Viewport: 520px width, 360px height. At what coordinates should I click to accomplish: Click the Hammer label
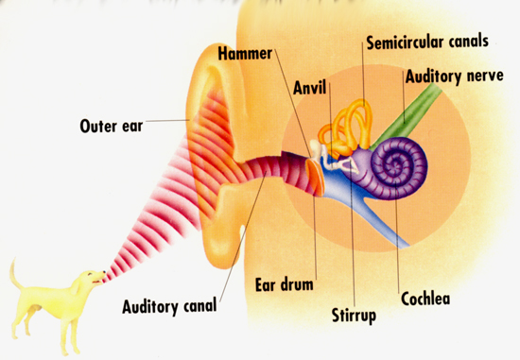click(x=245, y=54)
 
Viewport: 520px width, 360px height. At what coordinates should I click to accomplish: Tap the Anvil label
click(x=310, y=88)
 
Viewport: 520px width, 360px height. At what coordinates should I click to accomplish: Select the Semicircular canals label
click(x=427, y=43)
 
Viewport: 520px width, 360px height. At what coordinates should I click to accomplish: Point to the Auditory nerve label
click(x=455, y=77)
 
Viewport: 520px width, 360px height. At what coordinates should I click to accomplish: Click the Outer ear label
click(x=112, y=126)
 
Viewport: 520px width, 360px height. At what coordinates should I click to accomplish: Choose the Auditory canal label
click(x=169, y=306)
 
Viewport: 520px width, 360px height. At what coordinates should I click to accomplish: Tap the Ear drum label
click(x=285, y=284)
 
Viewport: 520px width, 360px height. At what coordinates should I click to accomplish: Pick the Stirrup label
click(x=354, y=316)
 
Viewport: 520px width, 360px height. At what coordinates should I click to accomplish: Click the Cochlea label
click(x=425, y=299)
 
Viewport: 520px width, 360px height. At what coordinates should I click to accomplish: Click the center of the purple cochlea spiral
click(x=396, y=164)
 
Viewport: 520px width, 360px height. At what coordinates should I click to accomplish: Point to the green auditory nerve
click(x=407, y=116)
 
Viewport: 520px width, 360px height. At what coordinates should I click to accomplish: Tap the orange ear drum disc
click(x=315, y=177)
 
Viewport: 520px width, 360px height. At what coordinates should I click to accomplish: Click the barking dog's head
click(x=90, y=278)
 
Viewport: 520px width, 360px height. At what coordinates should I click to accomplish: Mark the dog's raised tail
click(x=15, y=274)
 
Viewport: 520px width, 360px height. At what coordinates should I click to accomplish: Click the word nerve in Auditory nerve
click(x=485, y=77)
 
